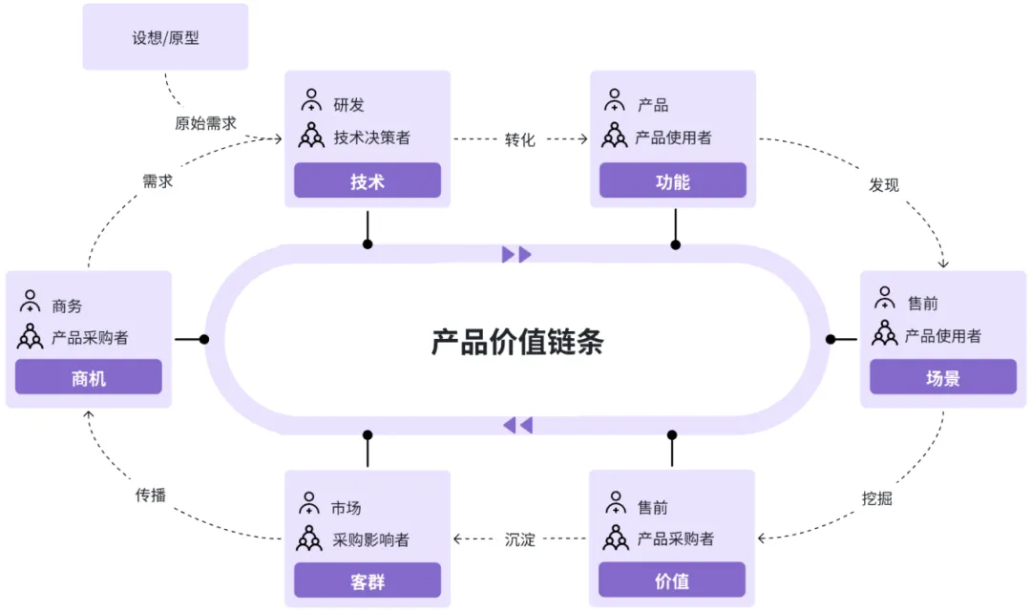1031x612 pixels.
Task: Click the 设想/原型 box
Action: pyautogui.click(x=165, y=38)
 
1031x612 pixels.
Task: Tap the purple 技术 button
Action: pyautogui.click(x=367, y=180)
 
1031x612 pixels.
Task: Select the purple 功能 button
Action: pyautogui.click(x=672, y=180)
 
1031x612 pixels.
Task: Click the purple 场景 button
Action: pyautogui.click(x=942, y=377)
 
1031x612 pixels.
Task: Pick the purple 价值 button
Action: pyautogui.click(x=672, y=580)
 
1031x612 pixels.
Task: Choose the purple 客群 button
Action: pyautogui.click(x=367, y=580)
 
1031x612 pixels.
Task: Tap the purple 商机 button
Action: pyautogui.click(x=89, y=377)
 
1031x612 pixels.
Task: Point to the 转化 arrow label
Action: pyautogui.click(x=520, y=139)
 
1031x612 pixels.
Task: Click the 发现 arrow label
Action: pyautogui.click(x=883, y=184)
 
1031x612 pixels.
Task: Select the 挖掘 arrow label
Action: pyautogui.click(x=876, y=497)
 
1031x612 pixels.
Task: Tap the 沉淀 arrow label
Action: pyautogui.click(x=520, y=539)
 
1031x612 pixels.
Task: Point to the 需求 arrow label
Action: pyautogui.click(x=158, y=180)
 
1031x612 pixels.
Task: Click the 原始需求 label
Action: pyautogui.click(x=205, y=123)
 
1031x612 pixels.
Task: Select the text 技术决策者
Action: pyautogui.click(x=371, y=137)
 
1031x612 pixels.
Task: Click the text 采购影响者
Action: pyautogui.click(x=371, y=539)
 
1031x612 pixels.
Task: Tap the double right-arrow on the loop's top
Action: pyautogui.click(x=516, y=254)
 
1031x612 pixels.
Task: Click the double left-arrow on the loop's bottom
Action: pyautogui.click(x=517, y=425)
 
